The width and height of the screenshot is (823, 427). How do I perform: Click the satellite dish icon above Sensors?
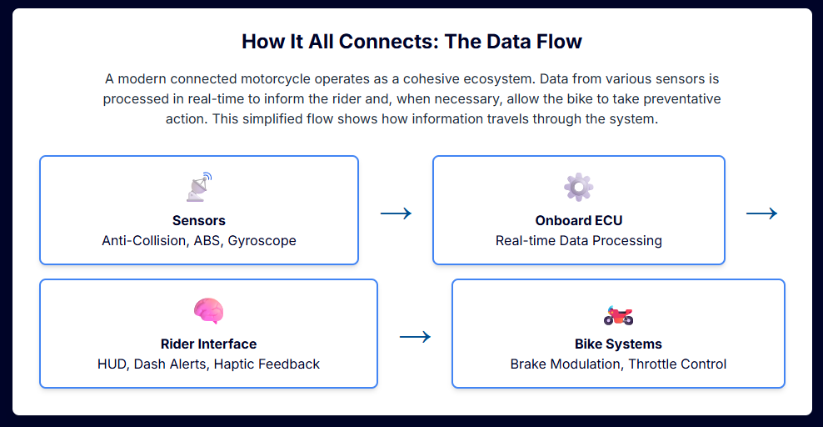(199, 188)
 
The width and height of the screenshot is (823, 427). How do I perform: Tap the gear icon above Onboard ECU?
(578, 188)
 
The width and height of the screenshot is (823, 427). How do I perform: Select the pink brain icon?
(208, 311)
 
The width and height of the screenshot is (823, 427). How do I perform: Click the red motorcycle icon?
(618, 314)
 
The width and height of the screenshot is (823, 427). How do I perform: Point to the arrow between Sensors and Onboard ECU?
(396, 213)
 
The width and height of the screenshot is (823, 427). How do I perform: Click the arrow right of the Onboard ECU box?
(761, 213)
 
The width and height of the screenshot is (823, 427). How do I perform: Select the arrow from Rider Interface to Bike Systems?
(415, 337)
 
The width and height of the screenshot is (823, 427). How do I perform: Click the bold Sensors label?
(199, 221)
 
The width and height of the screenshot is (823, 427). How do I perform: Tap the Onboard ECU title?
(579, 221)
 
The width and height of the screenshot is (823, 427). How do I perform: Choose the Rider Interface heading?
(208, 344)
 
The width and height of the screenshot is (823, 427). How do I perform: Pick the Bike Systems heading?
(618, 344)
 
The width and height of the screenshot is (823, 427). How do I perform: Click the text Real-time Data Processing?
(579, 241)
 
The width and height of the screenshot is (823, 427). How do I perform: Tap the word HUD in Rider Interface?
(111, 364)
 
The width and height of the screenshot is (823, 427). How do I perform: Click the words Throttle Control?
(677, 364)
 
